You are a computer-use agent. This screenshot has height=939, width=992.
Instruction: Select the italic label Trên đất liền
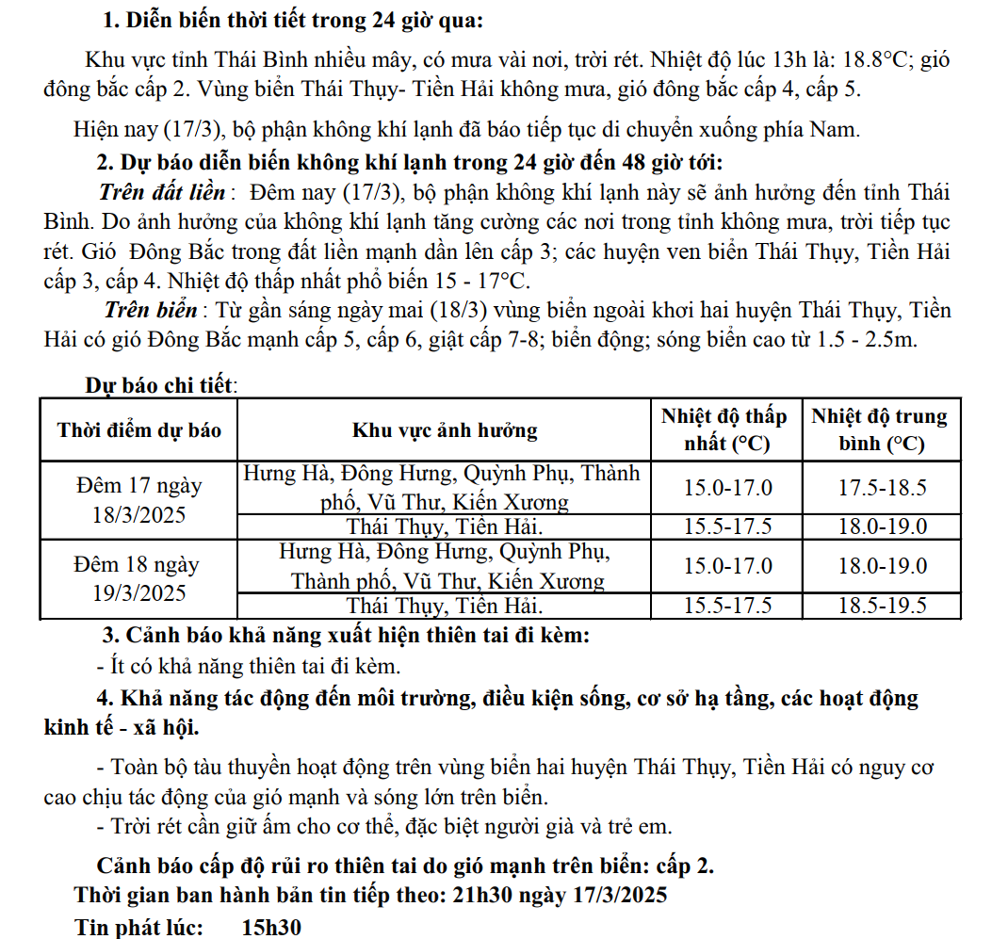(x=162, y=193)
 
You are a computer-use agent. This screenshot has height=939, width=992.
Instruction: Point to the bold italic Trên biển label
(x=151, y=311)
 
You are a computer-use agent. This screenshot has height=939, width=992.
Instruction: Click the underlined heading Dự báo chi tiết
(x=160, y=385)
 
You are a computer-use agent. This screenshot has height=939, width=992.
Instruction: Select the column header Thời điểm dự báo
(x=139, y=430)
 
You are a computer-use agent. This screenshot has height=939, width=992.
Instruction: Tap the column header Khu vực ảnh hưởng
(x=445, y=430)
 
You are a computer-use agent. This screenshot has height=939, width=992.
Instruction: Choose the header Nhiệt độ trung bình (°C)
(x=881, y=429)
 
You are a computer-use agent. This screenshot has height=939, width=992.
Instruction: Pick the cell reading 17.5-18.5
(x=882, y=488)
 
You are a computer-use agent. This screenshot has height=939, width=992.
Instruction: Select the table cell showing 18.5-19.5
(x=882, y=606)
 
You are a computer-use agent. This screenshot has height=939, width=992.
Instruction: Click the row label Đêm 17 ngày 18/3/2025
(x=139, y=501)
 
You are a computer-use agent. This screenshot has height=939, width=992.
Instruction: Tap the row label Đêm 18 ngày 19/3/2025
(x=139, y=579)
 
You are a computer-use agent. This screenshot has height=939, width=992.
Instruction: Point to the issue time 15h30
(x=270, y=927)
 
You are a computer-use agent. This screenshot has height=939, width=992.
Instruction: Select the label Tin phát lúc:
(x=139, y=927)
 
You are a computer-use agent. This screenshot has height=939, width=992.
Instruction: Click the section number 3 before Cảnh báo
(x=107, y=635)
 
